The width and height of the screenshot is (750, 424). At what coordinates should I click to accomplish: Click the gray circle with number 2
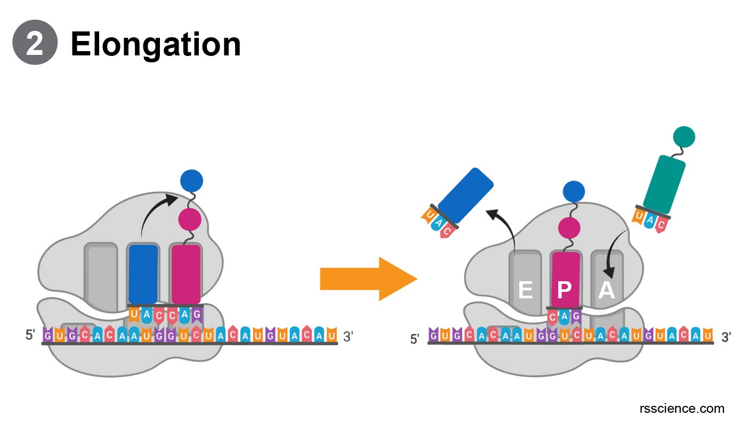click(x=35, y=43)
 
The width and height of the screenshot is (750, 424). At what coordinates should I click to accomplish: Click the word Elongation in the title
click(x=156, y=44)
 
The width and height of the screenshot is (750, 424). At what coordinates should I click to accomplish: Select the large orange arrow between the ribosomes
click(x=368, y=279)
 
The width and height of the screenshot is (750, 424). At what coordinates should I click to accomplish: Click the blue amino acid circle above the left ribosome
click(x=191, y=181)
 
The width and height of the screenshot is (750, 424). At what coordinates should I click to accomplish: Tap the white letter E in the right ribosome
click(x=525, y=290)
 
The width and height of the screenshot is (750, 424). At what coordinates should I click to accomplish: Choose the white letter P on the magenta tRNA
click(x=564, y=290)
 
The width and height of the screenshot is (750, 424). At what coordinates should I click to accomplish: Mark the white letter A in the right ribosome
click(x=606, y=290)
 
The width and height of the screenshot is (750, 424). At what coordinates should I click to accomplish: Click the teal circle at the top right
click(x=684, y=137)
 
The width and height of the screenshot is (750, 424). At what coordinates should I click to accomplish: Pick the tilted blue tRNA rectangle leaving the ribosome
click(x=465, y=195)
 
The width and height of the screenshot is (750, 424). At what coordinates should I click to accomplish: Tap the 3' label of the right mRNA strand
click(x=725, y=337)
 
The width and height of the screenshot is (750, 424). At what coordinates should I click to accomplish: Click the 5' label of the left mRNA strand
click(x=30, y=335)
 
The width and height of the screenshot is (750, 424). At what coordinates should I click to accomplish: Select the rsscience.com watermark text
click(x=681, y=409)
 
